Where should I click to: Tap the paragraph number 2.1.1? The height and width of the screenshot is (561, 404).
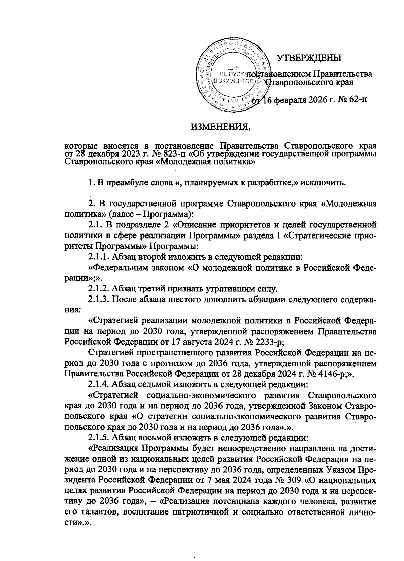98,257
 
